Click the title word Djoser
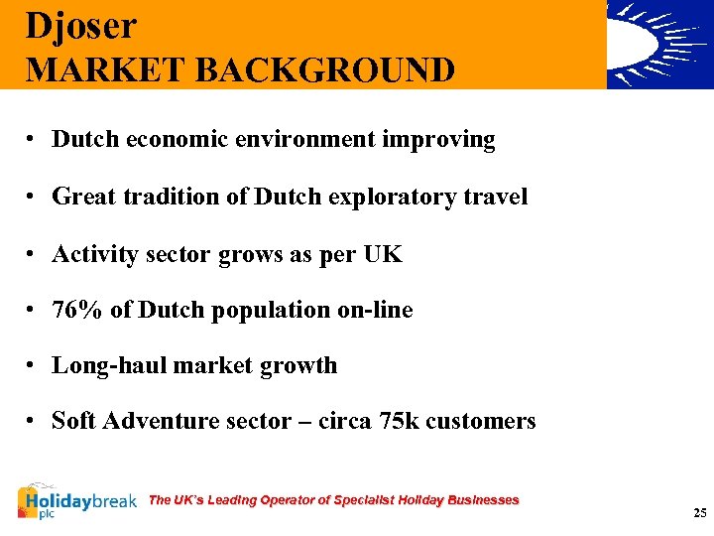[x=81, y=26]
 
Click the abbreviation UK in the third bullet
[x=383, y=254]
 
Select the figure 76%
[x=77, y=310]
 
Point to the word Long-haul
[x=109, y=366]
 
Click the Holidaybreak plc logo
[x=76, y=502]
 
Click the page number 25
[x=700, y=513]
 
